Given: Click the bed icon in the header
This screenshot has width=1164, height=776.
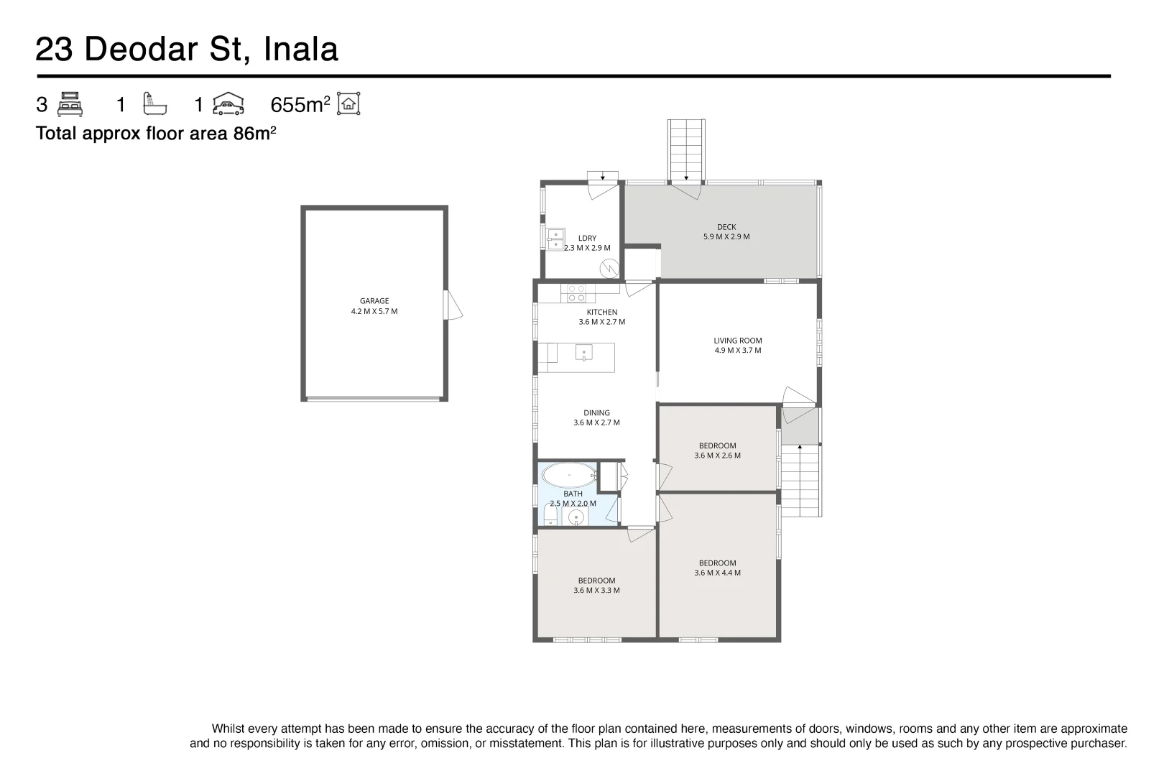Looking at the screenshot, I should click(70, 104).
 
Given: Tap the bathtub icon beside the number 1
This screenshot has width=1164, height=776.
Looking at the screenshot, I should click(154, 104).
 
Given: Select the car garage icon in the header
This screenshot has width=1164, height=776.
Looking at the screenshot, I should click(228, 104).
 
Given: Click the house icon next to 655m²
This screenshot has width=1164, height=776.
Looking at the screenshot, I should click(348, 104).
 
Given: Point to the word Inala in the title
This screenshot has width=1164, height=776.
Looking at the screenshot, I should click(301, 50).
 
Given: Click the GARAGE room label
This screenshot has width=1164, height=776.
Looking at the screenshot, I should click(374, 302).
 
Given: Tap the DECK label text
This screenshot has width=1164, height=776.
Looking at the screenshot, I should click(726, 227).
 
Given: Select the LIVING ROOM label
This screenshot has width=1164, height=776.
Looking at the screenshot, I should click(738, 341).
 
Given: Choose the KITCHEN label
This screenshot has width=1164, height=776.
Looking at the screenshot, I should click(602, 312).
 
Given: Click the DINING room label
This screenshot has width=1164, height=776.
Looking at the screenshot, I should click(596, 412).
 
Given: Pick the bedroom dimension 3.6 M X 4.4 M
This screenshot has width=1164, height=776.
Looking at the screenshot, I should click(717, 573).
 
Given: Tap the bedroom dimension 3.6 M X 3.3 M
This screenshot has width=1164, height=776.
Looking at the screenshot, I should click(596, 591).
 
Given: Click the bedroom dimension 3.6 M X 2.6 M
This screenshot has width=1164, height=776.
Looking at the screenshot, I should click(717, 456).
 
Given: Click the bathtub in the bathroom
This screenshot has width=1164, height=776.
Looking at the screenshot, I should click(568, 475).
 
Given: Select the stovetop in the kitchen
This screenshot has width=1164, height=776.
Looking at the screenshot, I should click(577, 293).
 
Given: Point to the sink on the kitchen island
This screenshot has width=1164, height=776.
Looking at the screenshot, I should click(583, 353).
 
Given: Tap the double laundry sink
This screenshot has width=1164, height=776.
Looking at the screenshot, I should click(555, 239).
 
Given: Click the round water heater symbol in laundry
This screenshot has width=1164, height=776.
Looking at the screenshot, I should click(609, 268).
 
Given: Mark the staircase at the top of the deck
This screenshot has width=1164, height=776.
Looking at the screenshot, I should click(686, 149).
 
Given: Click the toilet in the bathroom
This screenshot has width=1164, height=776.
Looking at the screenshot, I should click(550, 517).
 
